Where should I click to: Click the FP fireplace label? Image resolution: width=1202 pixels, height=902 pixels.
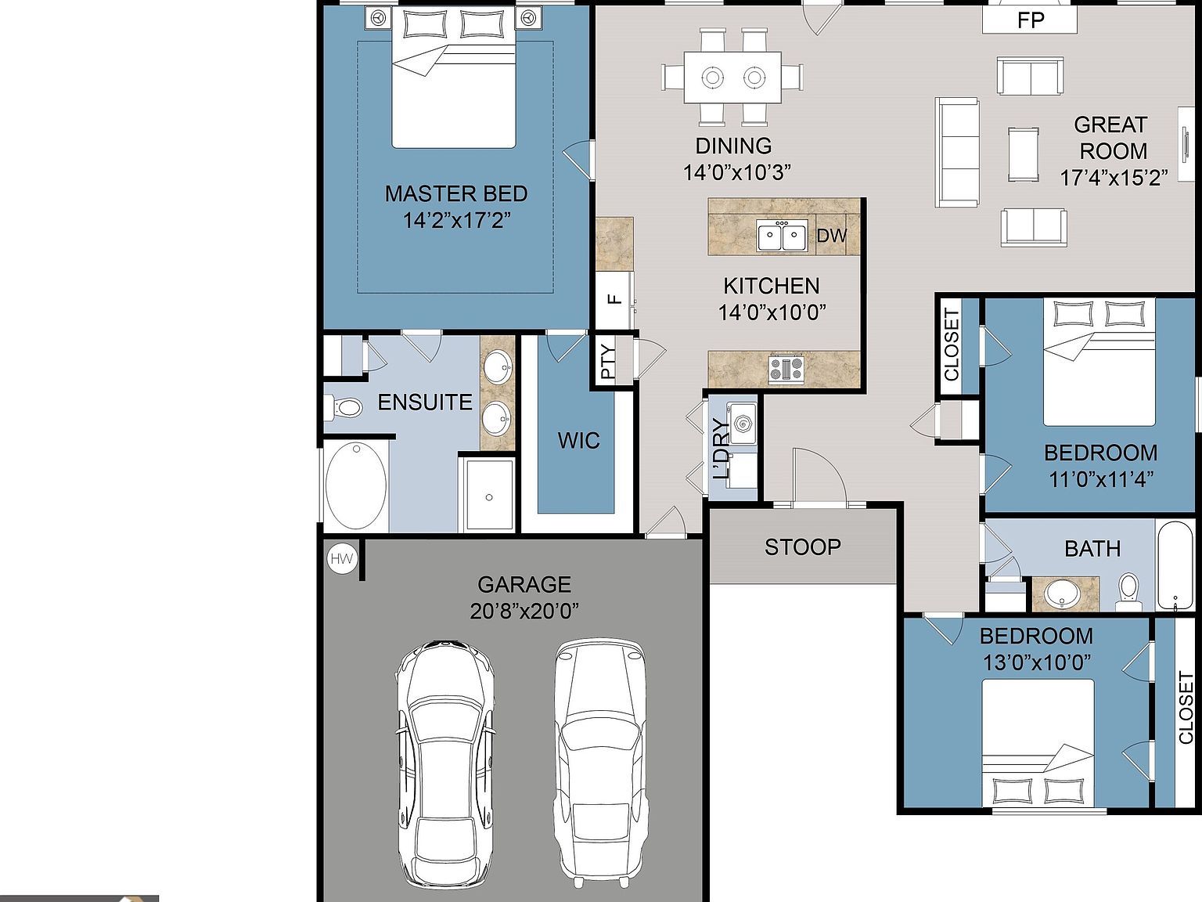coord(1031,20)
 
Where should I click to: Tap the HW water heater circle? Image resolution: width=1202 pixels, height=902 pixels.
coord(342,558)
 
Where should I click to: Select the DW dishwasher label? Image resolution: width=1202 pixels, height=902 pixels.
coord(831,236)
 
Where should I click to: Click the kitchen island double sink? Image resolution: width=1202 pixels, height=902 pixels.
coord(782,236)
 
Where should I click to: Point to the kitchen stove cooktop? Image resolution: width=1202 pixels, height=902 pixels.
coord(786,369)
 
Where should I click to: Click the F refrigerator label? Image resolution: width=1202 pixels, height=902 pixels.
coord(616,299)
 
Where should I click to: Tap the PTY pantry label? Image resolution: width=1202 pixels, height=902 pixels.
coord(608,362)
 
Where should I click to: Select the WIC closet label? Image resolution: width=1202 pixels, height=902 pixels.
coord(579,440)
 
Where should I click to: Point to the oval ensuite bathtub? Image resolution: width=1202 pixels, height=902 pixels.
coord(356,486)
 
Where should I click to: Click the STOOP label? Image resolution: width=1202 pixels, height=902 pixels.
coord(803,547)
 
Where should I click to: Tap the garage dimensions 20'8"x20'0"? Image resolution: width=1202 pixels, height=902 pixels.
coord(524,612)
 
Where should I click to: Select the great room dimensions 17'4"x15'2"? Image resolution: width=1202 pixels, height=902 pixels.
coord(1114,178)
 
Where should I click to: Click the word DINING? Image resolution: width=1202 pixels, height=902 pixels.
coord(734,146)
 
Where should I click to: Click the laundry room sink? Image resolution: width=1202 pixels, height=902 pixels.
coord(743,423)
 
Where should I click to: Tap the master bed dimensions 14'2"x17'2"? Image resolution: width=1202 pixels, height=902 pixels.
coord(457,221)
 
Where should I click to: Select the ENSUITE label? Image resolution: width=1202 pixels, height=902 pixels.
coord(425,402)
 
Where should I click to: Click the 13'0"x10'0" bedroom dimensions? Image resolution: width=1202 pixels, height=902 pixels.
coord(1036,663)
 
